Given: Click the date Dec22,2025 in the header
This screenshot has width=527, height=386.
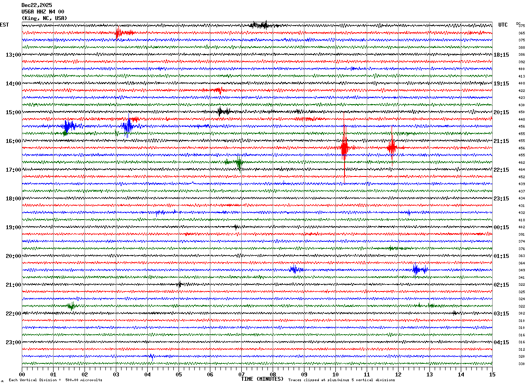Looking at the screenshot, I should (x=37, y=5).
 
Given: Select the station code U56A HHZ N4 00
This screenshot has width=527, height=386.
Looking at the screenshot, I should (x=43, y=12).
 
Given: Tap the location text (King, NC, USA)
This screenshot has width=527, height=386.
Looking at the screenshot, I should (x=44, y=18).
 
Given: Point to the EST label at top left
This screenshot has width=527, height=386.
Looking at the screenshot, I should (x=4, y=25).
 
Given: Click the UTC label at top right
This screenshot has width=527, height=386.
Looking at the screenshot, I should (x=503, y=25).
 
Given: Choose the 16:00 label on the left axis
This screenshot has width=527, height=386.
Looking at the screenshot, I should (x=13, y=141).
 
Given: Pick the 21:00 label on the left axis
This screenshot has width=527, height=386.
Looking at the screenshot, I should (x=13, y=285).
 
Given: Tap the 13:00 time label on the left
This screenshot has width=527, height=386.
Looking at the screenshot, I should (x=13, y=55).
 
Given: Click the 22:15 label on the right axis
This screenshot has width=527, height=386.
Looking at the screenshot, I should (x=501, y=170).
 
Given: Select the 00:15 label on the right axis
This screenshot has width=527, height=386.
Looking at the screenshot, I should (x=501, y=227).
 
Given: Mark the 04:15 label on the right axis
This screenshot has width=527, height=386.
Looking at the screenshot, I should (x=501, y=342).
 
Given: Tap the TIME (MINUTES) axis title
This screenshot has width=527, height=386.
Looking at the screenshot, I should (x=262, y=379).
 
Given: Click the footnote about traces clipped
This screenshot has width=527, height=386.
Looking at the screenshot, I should (x=341, y=380).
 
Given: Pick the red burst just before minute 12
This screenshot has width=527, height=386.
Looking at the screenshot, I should (x=392, y=148).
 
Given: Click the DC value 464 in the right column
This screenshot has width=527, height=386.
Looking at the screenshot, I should (x=521, y=169).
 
